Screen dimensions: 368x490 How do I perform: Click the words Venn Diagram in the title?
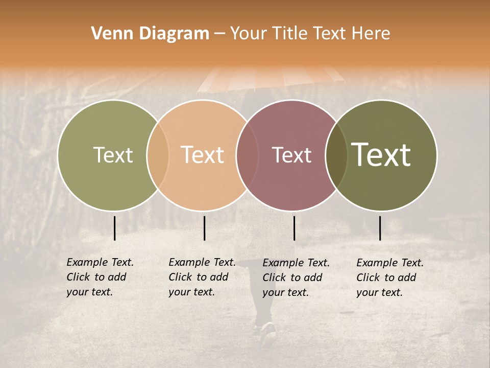point(150,34)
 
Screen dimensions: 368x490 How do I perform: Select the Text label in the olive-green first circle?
point(113,155)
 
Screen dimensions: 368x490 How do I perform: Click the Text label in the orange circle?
point(202,155)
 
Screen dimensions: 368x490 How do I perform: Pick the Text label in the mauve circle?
point(291,155)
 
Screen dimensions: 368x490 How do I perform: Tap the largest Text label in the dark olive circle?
point(381,154)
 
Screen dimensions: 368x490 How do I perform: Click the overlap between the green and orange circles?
point(158,155)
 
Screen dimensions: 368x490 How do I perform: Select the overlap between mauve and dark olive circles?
point(336,155)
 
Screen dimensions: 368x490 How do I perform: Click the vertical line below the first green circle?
point(114,228)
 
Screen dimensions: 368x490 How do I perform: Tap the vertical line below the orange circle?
point(204,228)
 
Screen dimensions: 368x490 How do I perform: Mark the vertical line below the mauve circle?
point(294,228)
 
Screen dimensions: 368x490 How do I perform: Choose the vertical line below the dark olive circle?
point(380,228)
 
